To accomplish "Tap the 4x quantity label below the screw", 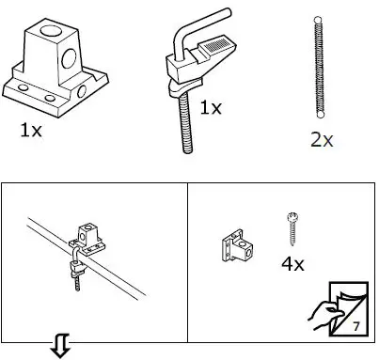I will pyautogui.click(x=292, y=264).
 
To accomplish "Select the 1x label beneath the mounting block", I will pyautogui.click(x=30, y=130).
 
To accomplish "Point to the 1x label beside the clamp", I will pyautogui.click(x=211, y=107).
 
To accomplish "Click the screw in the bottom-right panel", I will pyautogui.click(x=291, y=229).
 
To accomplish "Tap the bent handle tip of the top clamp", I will pyautogui.click(x=222, y=12).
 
